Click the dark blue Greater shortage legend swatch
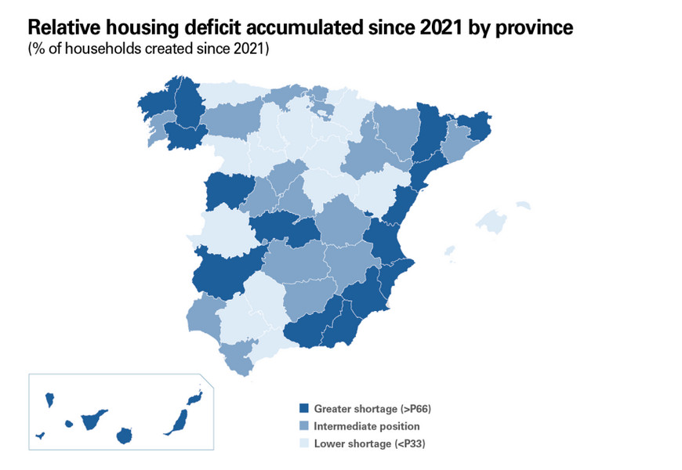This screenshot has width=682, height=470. pyautogui.click(x=303, y=408)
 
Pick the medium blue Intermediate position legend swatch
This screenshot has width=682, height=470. pyautogui.click(x=303, y=426)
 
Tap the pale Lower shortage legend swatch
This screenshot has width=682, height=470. pyautogui.click(x=303, y=444)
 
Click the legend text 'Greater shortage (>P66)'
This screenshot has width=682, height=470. pyautogui.click(x=372, y=408)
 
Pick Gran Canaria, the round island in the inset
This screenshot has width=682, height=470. pyautogui.click(x=124, y=435)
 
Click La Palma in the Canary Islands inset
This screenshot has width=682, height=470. pyautogui.click(x=49, y=401)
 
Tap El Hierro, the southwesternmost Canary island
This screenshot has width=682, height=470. pyautogui.click(x=40, y=436)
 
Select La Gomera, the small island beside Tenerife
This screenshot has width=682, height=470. pyautogui.click(x=69, y=425)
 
